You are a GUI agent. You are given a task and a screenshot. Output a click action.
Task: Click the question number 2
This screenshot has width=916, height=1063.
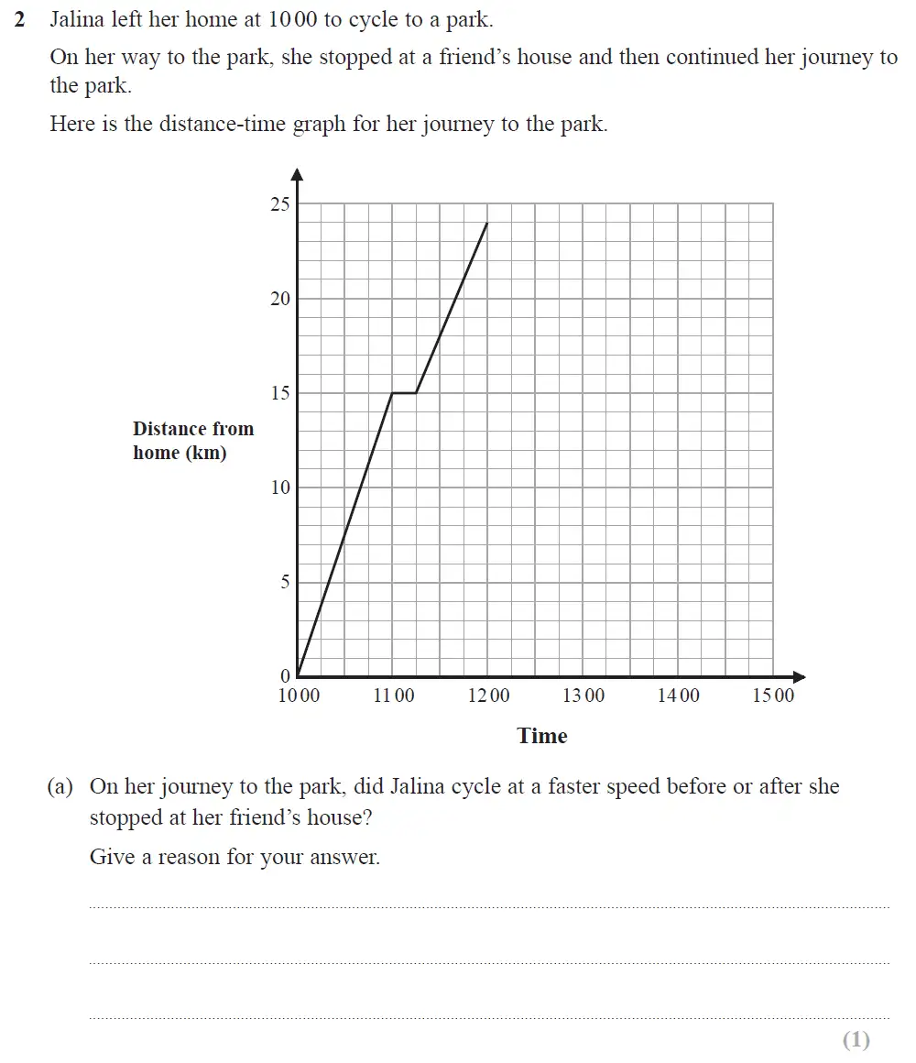(x=20, y=19)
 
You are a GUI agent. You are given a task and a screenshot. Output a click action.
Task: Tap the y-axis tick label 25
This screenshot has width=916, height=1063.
(x=279, y=204)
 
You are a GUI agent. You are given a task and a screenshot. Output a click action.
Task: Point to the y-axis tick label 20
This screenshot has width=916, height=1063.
(x=279, y=299)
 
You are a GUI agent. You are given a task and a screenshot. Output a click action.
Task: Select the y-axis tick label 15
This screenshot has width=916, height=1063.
(x=279, y=393)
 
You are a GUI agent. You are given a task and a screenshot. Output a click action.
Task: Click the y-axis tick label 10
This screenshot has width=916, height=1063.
(x=279, y=488)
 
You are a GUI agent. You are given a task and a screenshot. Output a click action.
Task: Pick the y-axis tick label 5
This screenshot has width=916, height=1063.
(x=285, y=582)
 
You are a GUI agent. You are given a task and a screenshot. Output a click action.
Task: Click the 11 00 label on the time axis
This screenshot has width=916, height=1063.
(x=393, y=696)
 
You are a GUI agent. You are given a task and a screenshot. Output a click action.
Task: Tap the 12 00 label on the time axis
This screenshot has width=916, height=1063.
(x=488, y=696)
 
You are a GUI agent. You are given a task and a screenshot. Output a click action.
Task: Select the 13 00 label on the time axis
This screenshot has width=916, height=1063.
(x=583, y=696)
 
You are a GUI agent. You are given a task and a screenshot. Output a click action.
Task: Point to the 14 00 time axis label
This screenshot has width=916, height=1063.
(x=679, y=696)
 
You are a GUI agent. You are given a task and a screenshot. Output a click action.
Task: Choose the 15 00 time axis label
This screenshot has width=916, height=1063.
(x=773, y=696)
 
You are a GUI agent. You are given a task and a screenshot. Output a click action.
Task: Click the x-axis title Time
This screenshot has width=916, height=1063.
(x=542, y=736)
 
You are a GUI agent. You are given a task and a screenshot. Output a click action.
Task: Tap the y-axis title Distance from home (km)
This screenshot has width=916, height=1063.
(x=193, y=441)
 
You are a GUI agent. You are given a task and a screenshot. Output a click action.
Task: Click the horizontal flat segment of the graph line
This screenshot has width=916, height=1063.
(x=404, y=393)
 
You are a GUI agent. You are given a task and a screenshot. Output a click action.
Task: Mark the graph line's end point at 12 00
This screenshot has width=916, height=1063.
(x=487, y=223)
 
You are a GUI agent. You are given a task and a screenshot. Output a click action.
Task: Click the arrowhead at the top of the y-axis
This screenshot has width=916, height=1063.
(x=297, y=173)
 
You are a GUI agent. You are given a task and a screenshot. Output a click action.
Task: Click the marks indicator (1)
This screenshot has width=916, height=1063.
(x=856, y=1039)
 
